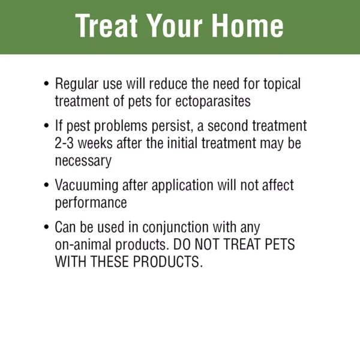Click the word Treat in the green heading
(x=107, y=25)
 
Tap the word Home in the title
(x=247, y=25)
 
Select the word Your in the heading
(x=175, y=25)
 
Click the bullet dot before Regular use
(x=46, y=83)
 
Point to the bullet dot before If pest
(x=46, y=125)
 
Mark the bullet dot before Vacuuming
(x=46, y=185)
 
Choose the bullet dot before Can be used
(x=46, y=227)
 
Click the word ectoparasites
(x=213, y=101)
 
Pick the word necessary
(x=83, y=161)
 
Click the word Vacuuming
(x=86, y=185)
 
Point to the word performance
(x=91, y=203)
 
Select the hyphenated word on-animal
(x=83, y=245)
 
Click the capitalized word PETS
(x=280, y=244)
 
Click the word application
(x=182, y=185)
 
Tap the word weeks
(x=95, y=143)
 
